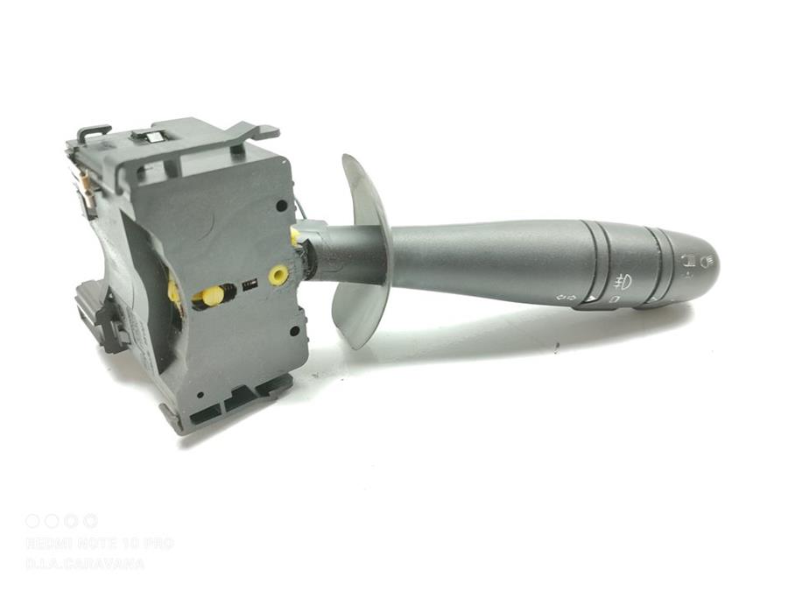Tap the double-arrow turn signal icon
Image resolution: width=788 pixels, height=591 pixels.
[x=568, y=299]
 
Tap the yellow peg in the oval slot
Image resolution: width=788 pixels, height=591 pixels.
[x=211, y=296]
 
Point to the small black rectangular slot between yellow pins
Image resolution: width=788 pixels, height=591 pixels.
[x=249, y=285]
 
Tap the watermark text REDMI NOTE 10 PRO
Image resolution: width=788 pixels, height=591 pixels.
[x=98, y=544]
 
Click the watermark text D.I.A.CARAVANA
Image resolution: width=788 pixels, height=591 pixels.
[x=84, y=564]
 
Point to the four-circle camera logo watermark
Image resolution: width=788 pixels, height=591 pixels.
[x=61, y=521]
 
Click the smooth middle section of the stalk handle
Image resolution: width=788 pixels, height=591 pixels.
[x=490, y=260]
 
